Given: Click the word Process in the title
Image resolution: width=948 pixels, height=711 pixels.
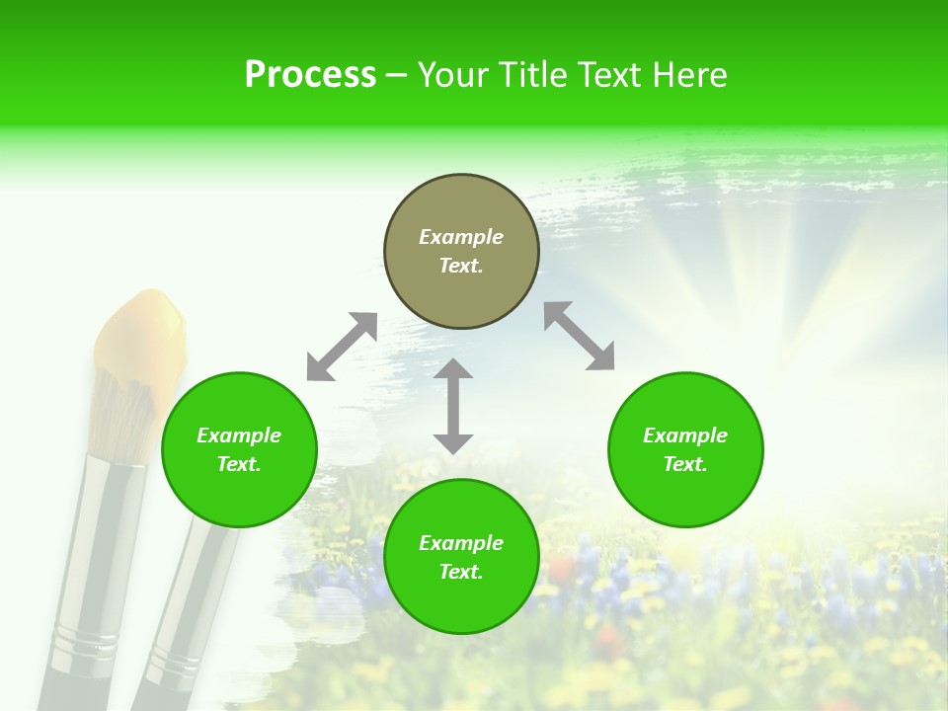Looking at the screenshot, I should click(x=310, y=74).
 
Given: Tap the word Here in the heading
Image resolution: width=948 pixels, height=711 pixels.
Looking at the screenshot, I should click(x=691, y=75).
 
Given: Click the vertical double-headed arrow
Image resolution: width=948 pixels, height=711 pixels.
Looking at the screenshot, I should click(x=453, y=406).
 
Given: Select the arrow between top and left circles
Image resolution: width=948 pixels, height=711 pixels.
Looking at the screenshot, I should click(x=342, y=347).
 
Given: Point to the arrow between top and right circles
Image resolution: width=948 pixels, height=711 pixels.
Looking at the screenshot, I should click(x=579, y=336).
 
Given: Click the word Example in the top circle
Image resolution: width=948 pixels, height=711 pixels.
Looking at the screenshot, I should click(x=461, y=237).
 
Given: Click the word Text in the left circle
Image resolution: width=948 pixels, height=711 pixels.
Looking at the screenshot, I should click(x=239, y=464).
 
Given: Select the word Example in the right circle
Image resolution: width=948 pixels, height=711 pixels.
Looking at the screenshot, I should click(x=685, y=435).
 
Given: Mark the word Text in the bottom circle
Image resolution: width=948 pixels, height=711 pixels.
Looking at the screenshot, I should click(x=461, y=572).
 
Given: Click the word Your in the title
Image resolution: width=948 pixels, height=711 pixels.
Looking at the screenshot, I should click(x=455, y=75).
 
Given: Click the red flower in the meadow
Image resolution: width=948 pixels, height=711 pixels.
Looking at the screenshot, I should click(x=563, y=569).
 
